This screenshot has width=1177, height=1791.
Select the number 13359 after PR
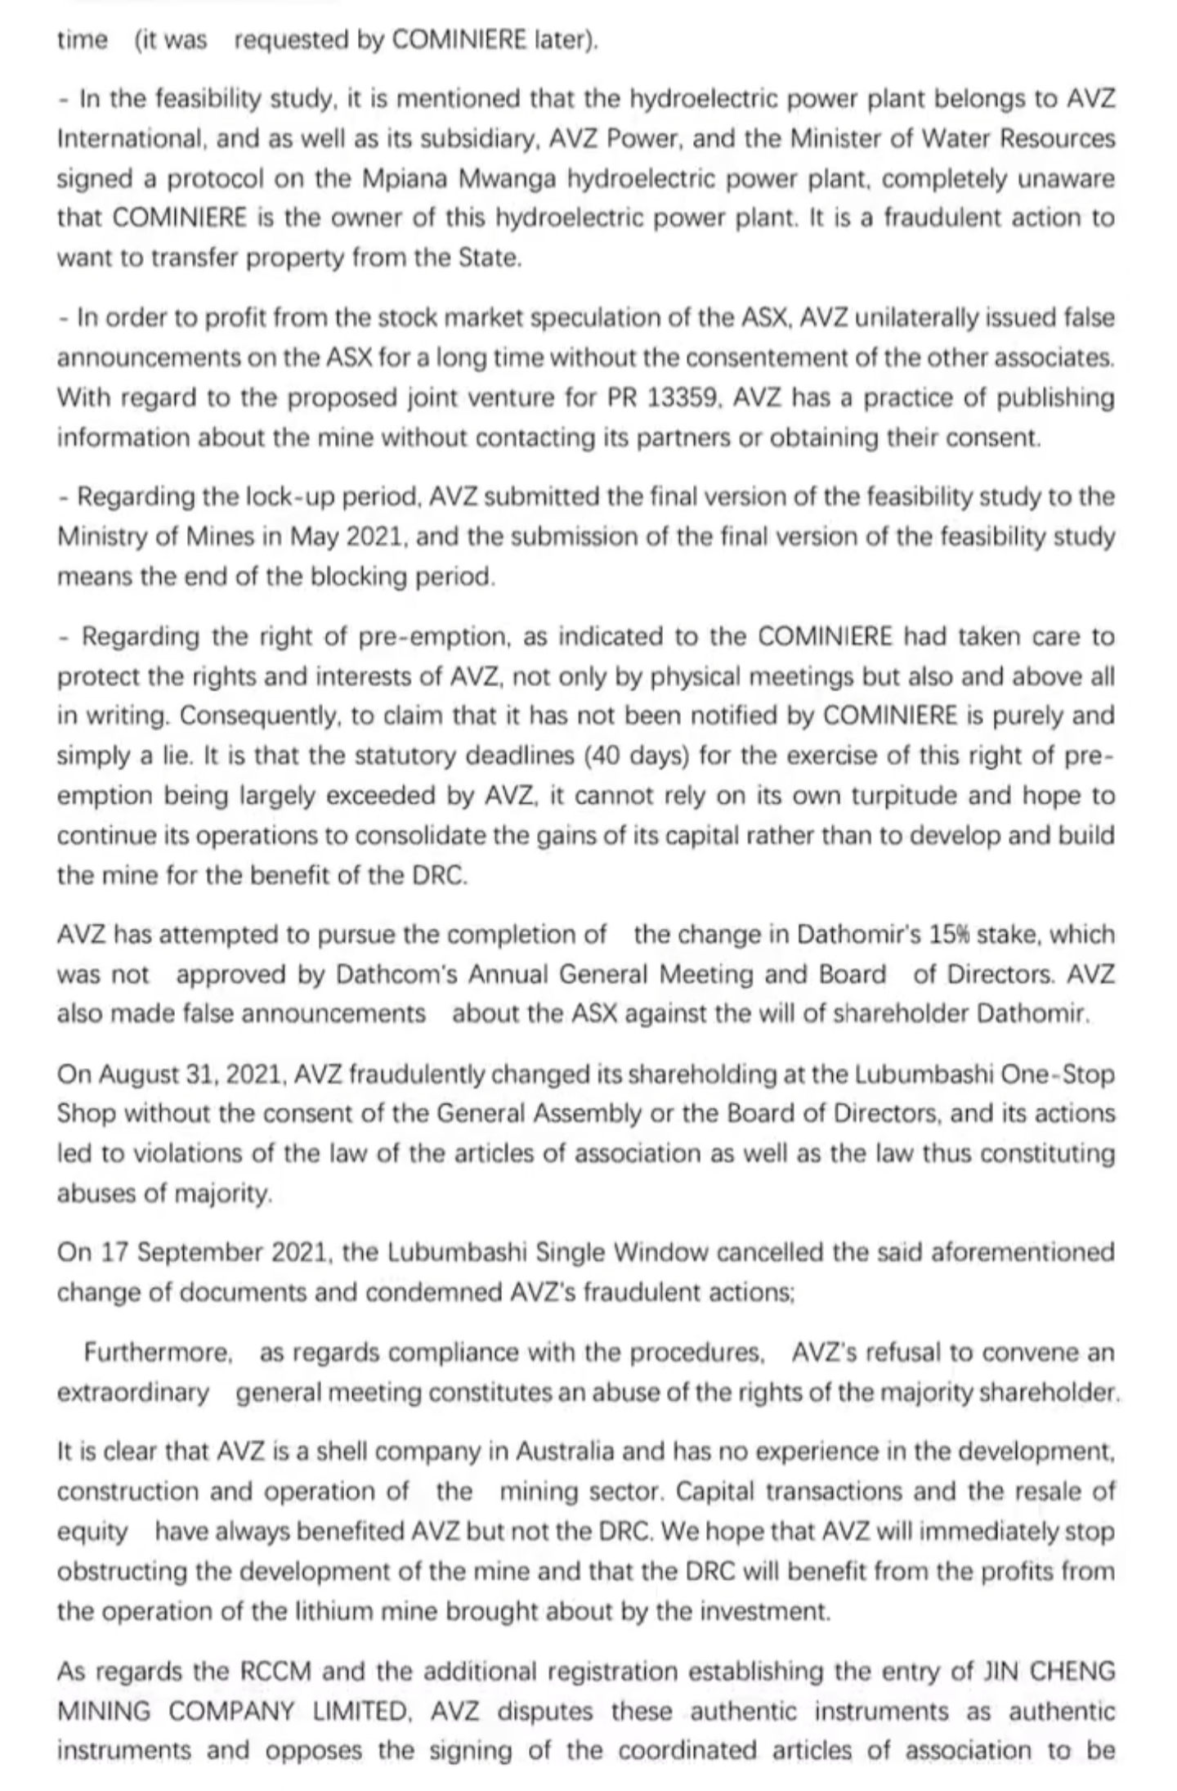[682, 398]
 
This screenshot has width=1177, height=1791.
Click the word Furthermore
[159, 1353]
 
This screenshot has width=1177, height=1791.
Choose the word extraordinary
[133, 1393]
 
